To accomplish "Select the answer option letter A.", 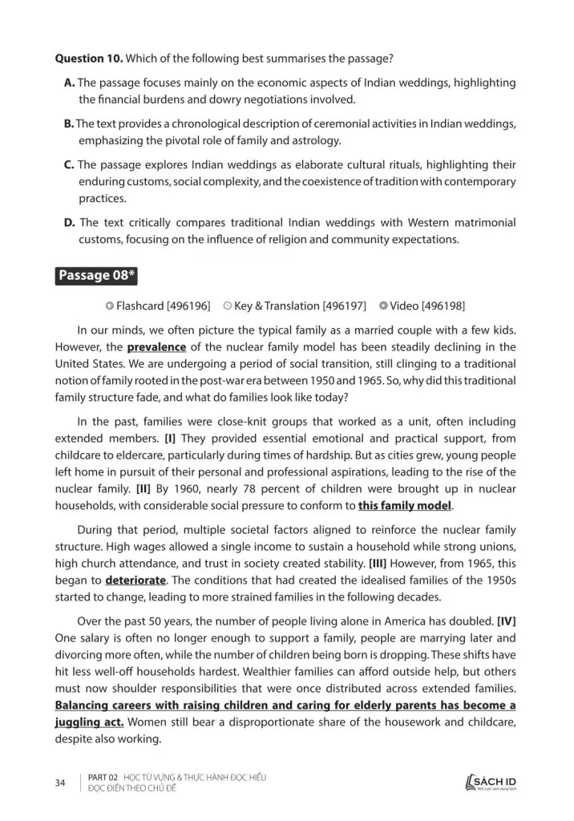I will click(x=69, y=83).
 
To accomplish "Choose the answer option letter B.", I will click(x=69, y=123).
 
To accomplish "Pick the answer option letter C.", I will click(x=69, y=164).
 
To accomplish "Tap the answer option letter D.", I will click(x=69, y=222).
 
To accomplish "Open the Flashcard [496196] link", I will click(x=158, y=305).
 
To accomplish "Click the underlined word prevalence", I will click(x=156, y=347).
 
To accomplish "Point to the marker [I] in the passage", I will click(x=171, y=439).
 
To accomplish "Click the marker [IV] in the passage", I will click(x=507, y=622).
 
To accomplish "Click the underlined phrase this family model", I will click(x=405, y=506).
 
